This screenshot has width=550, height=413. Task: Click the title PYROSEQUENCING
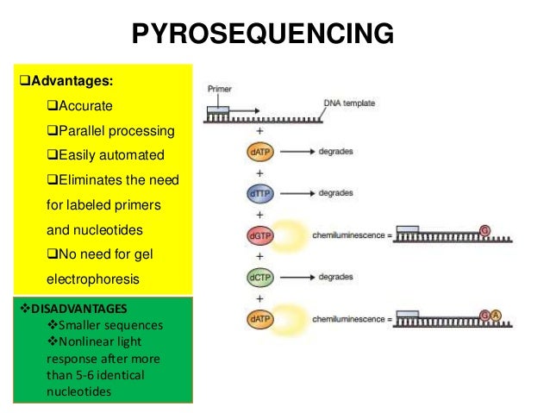coord(262,34)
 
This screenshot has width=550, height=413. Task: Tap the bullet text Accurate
coord(78,107)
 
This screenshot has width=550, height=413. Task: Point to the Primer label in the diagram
coord(219,88)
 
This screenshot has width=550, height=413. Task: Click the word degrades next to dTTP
coord(334,194)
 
